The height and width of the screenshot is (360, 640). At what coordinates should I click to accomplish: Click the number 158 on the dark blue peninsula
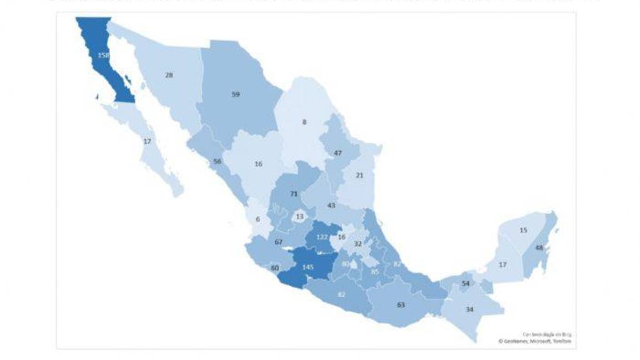point(103,56)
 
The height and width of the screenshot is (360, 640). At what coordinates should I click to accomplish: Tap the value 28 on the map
point(169,75)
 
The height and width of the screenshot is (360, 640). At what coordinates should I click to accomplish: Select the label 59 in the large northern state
point(236,94)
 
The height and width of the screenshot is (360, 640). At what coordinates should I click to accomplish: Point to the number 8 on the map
point(304,122)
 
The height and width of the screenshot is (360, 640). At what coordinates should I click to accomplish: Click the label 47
point(338,153)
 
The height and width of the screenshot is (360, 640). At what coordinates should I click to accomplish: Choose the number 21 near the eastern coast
point(359,176)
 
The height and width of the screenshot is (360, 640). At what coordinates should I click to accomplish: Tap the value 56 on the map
point(217,162)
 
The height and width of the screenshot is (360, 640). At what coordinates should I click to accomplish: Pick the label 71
point(294,194)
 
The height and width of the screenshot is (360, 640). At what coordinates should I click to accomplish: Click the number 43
point(331,206)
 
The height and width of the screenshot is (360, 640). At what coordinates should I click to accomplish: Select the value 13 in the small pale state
point(300,217)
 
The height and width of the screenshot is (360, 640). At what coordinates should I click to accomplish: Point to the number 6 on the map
point(258,219)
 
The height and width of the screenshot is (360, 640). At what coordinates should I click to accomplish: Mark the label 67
point(279,242)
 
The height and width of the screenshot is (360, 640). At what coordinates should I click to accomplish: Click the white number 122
point(322,237)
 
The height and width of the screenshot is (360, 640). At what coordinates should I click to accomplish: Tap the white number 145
point(308,268)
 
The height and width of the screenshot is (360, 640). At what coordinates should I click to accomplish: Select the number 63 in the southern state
point(400,304)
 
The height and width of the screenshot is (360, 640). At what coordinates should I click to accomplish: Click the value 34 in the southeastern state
point(469,309)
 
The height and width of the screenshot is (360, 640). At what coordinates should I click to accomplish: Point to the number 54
point(466,284)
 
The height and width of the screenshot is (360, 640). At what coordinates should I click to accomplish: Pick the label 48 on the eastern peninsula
point(539,248)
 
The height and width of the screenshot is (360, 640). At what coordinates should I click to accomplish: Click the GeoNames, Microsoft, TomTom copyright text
point(534,341)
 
